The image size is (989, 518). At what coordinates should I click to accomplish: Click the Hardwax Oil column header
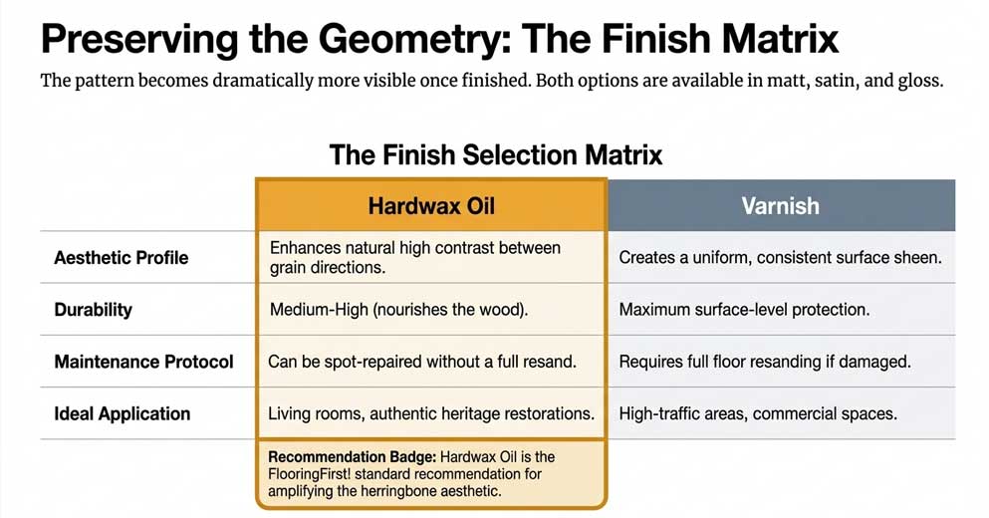[430, 206]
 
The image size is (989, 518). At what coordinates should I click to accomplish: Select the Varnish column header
[780, 206]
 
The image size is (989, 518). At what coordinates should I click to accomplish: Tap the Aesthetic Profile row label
[121, 258]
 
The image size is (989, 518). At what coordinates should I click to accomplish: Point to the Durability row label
[93, 310]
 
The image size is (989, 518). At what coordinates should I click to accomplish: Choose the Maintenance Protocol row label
[143, 362]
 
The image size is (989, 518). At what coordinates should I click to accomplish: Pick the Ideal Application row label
[122, 413]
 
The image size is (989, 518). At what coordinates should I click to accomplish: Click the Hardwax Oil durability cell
[398, 310]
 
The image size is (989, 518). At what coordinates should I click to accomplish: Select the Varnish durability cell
[744, 310]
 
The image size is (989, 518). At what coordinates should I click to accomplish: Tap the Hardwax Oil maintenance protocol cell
[422, 362]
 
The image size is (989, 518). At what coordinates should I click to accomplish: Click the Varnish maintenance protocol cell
[765, 362]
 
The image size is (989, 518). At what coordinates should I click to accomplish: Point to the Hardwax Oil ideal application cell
[431, 413]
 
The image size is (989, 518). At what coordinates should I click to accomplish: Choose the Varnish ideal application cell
[757, 413]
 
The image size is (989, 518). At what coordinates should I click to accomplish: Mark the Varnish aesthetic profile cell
[780, 258]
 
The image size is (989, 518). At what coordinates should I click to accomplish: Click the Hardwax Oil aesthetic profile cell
[414, 258]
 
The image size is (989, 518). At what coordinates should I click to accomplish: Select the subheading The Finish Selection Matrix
[495, 155]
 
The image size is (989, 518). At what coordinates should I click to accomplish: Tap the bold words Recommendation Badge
[352, 456]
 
